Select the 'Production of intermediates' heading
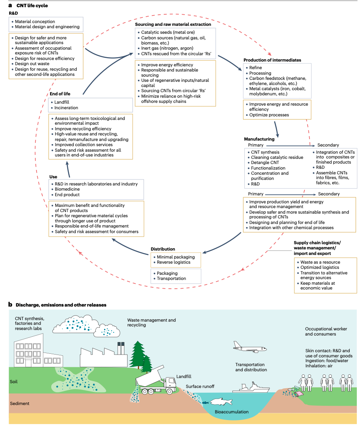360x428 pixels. (x=272, y=60)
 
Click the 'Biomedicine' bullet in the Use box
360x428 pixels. (x=67, y=189)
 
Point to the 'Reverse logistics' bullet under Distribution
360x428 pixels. (x=174, y=262)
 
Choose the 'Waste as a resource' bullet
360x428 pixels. (x=320, y=262)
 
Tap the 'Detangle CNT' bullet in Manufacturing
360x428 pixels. (x=265, y=163)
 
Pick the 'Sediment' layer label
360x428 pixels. (x=20, y=403)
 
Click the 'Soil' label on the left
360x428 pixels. (x=14, y=382)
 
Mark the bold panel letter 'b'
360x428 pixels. (x=11, y=305)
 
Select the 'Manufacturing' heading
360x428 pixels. (x=259, y=139)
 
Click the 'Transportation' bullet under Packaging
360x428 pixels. (x=171, y=278)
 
